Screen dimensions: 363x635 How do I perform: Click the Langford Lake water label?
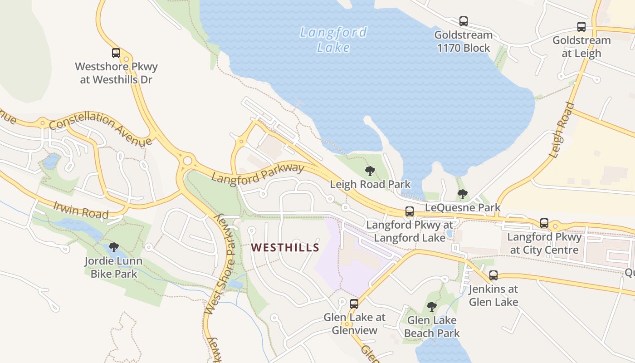[333, 39]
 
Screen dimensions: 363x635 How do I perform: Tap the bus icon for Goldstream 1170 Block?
[463, 21]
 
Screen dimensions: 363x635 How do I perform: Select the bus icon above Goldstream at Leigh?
[581, 27]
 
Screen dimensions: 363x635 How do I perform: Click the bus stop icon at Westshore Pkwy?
[116, 53]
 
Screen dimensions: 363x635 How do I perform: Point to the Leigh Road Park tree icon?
[370, 171]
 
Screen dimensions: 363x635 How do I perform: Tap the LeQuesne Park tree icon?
[462, 194]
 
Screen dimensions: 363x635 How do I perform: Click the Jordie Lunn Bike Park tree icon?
[114, 247]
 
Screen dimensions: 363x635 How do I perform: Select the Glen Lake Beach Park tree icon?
[432, 307]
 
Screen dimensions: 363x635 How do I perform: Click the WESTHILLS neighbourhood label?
[285, 247]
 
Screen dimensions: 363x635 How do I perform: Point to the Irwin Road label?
[81, 210]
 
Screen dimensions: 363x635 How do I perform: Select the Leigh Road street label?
[562, 130]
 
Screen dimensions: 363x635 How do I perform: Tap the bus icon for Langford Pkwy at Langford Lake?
[409, 211]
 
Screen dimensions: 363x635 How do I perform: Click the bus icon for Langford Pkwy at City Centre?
[544, 223]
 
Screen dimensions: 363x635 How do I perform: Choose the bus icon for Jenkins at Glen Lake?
[493, 275]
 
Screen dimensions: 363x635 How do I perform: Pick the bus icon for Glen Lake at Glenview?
[354, 304]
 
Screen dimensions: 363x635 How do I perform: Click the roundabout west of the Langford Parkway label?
[187, 161]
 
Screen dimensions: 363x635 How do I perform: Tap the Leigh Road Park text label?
[370, 184]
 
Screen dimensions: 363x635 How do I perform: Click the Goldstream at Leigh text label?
[581, 47]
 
